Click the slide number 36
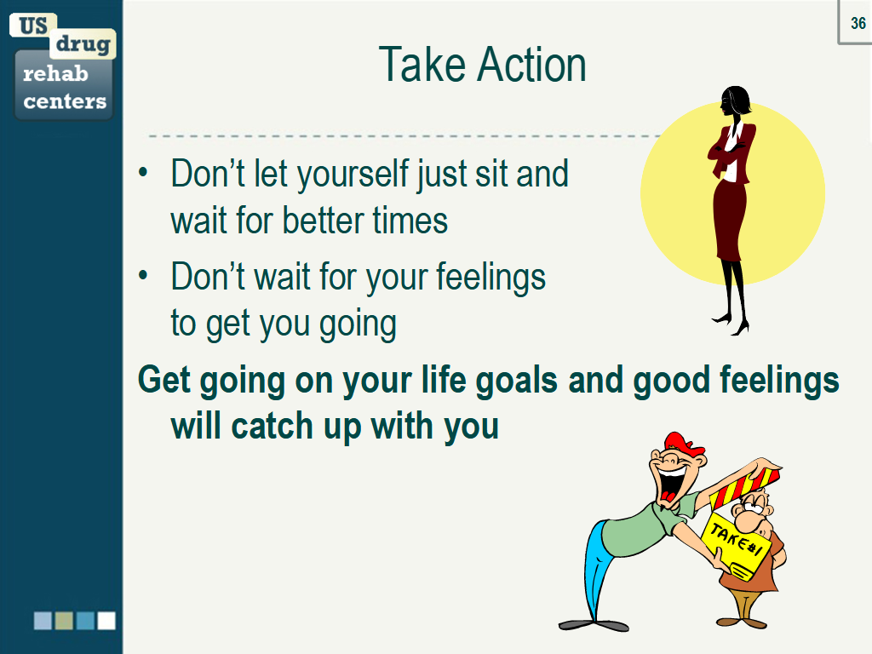[858, 23]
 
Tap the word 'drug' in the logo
[83, 43]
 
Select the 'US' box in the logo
[33, 26]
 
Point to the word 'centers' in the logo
[65, 101]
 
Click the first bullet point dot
[143, 172]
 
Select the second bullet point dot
[143, 275]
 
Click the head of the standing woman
[735, 101]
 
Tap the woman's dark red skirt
[730, 220]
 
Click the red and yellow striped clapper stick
[746, 487]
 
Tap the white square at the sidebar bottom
[106, 621]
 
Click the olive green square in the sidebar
[64, 621]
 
